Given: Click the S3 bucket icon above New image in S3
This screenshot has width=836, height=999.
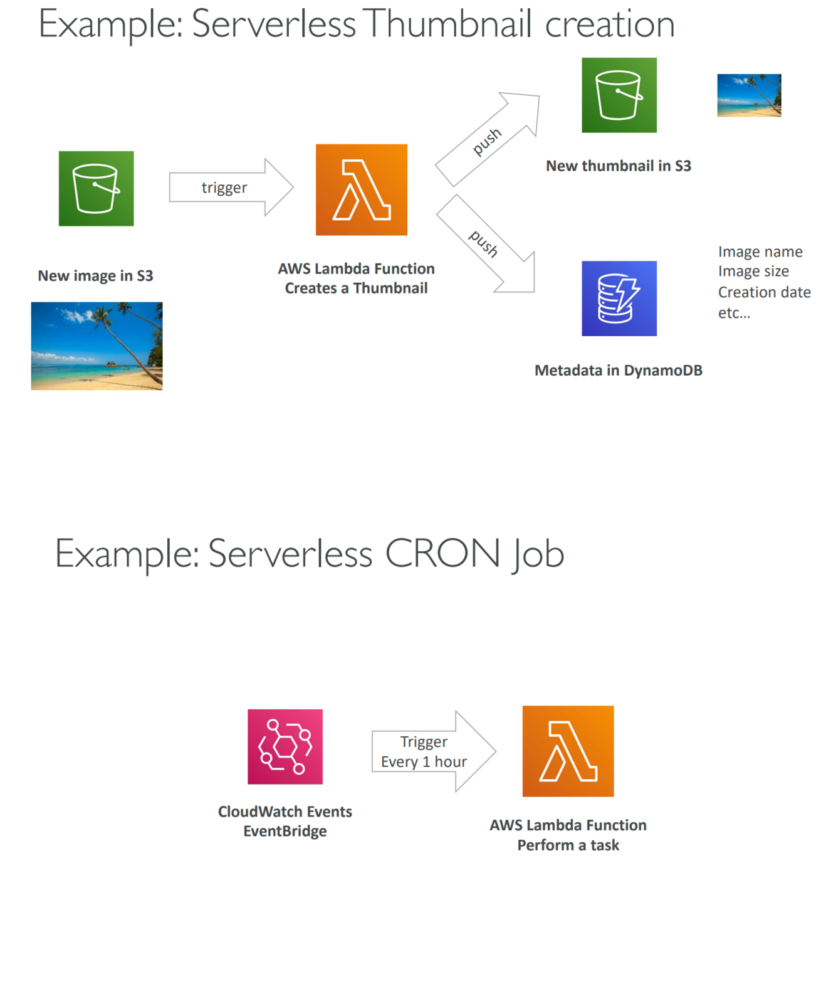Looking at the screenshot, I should click(x=96, y=188).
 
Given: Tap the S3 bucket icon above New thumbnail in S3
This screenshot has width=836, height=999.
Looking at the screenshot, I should click(x=619, y=95).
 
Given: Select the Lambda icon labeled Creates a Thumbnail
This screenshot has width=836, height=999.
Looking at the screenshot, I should click(x=361, y=190).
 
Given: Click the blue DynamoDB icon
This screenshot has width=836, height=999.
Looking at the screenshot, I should click(x=619, y=299).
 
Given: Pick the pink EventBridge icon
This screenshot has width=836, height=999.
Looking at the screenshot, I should click(x=285, y=746).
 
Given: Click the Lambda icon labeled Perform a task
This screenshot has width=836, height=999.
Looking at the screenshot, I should click(x=568, y=751).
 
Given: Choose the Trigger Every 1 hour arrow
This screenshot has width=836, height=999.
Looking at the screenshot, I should click(x=432, y=751).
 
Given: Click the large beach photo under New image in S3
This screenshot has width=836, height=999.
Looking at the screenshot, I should click(x=97, y=346).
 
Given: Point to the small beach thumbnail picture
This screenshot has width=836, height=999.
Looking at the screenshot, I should click(x=749, y=95).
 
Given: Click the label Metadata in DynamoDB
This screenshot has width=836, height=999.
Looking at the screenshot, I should click(x=618, y=371).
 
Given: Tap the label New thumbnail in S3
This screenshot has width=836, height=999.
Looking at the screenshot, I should click(x=618, y=166).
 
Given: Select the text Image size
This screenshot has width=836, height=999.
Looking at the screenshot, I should click(x=753, y=272).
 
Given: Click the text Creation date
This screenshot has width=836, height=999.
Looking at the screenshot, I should click(x=764, y=292).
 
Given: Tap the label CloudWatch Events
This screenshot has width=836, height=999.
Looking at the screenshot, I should click(x=285, y=811).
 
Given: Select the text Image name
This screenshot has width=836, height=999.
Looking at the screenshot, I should click(x=760, y=251).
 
